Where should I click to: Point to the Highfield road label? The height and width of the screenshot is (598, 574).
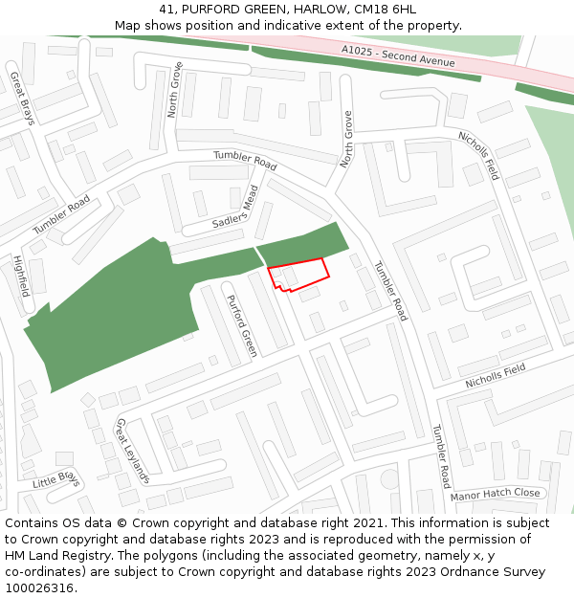point(21,276)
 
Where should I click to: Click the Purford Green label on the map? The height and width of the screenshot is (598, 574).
point(241,325)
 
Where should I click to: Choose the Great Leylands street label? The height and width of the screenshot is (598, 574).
point(133,450)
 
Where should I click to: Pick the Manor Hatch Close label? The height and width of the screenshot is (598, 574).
point(496,495)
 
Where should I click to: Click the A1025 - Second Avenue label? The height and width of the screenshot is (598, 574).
point(398,55)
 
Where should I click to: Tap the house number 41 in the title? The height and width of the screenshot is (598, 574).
point(168,10)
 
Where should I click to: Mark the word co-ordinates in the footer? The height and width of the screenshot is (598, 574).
point(46,572)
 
